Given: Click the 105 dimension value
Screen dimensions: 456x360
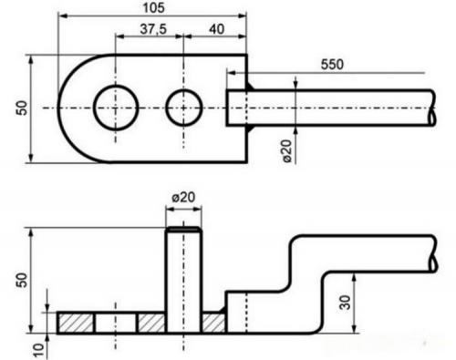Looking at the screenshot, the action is coord(153,8).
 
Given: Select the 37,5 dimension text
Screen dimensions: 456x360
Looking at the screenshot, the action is coord(153,29).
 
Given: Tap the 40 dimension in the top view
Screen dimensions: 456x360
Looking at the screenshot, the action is coord(217,29).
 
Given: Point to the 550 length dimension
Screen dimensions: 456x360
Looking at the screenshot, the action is coord(332,65).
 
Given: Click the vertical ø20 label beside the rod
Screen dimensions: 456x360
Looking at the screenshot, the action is coord(286,150).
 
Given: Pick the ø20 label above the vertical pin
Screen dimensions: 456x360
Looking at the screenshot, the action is coord(183,198).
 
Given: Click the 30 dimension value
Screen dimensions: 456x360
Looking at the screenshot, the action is coord(345,303).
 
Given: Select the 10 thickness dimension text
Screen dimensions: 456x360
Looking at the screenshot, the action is coord(38,351).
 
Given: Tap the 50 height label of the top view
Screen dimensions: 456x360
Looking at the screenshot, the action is coord(22,108).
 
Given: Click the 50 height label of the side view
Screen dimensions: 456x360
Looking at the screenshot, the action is coord(22,280).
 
